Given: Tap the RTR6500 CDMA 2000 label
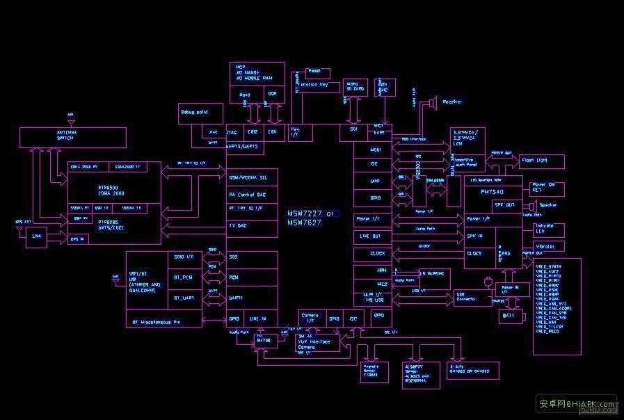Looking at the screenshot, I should (x=103, y=190).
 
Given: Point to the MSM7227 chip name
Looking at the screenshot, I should (x=311, y=213).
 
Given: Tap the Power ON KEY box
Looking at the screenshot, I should (x=547, y=188).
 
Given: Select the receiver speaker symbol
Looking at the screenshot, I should (x=431, y=103).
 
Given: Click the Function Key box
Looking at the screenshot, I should (x=317, y=87).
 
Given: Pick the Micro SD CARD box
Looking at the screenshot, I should (x=355, y=87).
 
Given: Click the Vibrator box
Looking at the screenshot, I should (x=548, y=247).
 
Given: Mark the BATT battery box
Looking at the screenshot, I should (x=509, y=315).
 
